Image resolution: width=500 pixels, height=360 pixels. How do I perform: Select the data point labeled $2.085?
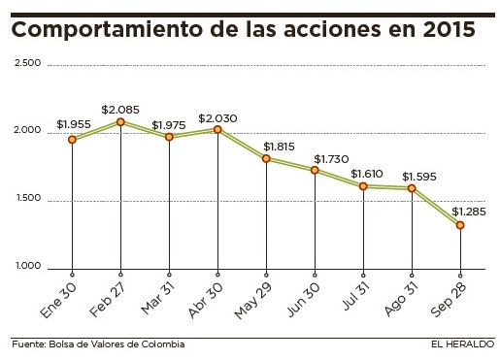coord(120,122)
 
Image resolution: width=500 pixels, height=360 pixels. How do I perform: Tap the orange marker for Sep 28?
coord(460,225)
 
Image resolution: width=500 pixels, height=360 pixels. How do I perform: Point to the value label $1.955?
coord(74,124)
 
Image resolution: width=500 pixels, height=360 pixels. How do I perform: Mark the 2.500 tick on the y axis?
coord(27,64)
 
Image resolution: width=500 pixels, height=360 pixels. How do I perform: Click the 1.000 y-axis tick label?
coord(27,267)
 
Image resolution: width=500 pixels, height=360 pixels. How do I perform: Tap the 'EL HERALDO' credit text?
coord(463,344)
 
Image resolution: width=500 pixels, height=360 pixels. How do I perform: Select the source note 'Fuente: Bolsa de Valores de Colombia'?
coord(98,344)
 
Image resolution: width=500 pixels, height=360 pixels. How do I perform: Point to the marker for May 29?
coord(266,158)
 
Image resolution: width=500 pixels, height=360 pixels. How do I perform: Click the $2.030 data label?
coord(217,117)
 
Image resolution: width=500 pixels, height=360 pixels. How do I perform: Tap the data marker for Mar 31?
coord(169,137)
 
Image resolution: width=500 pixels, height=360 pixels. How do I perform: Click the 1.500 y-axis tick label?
coord(27,200)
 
